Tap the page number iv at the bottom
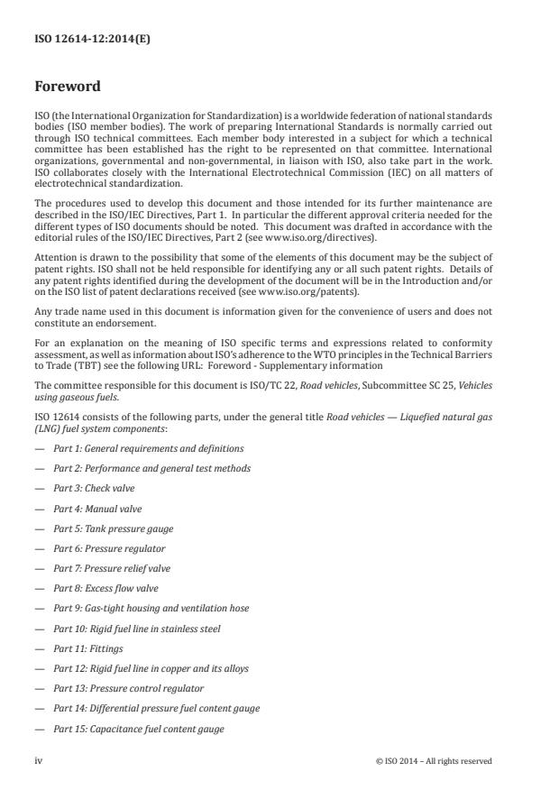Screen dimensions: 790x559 [39, 760]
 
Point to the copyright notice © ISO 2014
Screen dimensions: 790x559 [434, 760]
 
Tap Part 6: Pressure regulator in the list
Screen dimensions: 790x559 [109, 548]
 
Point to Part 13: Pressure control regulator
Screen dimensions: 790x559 [122, 688]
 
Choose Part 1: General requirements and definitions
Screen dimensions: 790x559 [148, 448]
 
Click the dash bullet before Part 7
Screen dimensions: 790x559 [39, 568]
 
